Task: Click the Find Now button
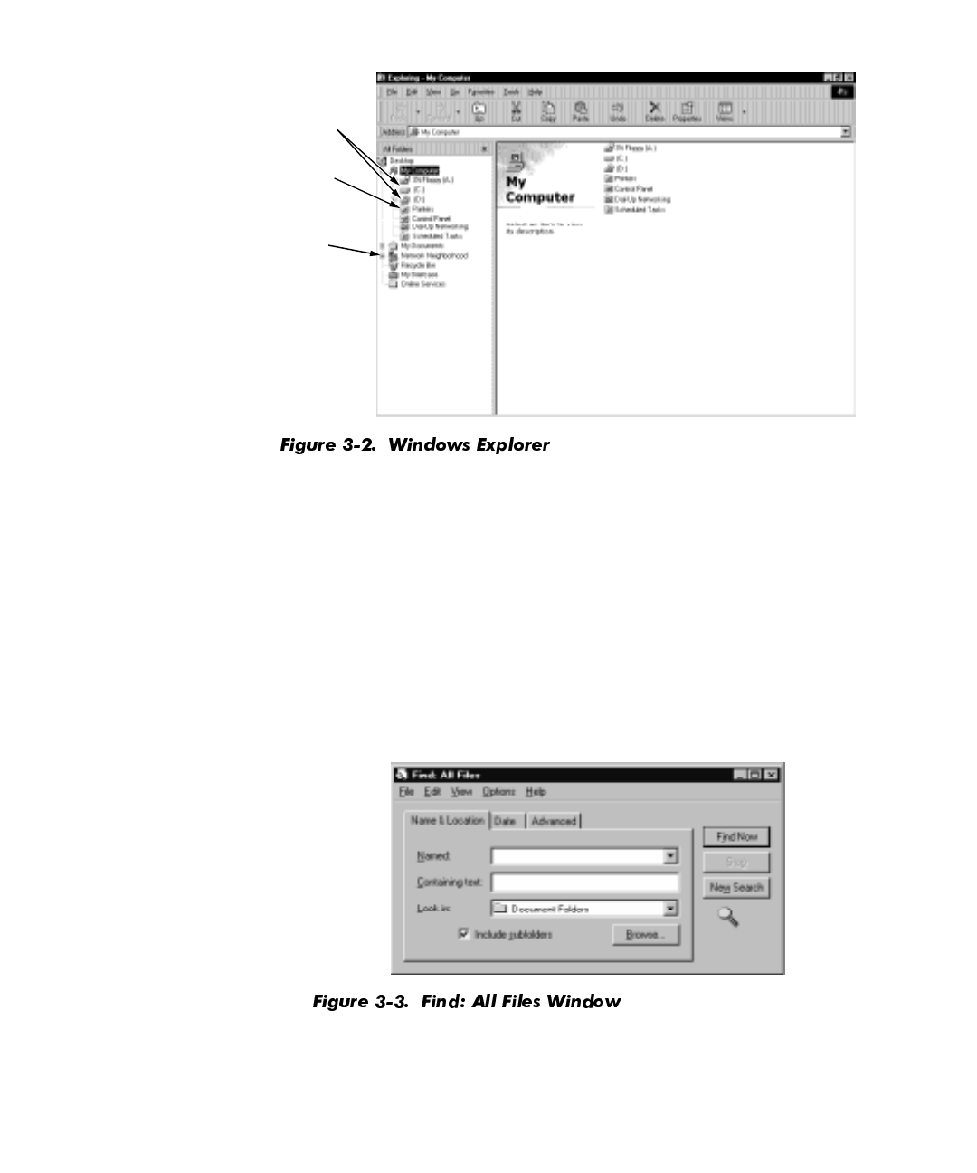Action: tap(736, 837)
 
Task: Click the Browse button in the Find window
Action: tap(645, 935)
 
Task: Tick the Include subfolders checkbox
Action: tap(464, 933)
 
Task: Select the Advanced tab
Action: tap(554, 821)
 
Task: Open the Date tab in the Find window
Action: tap(505, 821)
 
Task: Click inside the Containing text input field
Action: tap(584, 882)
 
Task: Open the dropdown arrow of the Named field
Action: tap(670, 856)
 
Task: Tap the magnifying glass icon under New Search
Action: tap(728, 918)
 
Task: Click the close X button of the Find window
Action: tap(771, 775)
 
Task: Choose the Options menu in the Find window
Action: tap(498, 792)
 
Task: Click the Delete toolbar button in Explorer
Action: tap(654, 111)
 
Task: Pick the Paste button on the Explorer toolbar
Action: tap(581, 111)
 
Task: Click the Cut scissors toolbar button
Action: tap(517, 111)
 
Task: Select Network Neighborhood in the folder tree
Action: tap(434, 256)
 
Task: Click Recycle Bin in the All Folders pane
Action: tap(418, 265)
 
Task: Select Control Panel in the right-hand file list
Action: tap(633, 189)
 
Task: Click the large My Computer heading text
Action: tap(539, 190)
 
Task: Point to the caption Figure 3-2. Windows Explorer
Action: tap(415, 445)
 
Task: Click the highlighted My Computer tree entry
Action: tap(420, 170)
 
